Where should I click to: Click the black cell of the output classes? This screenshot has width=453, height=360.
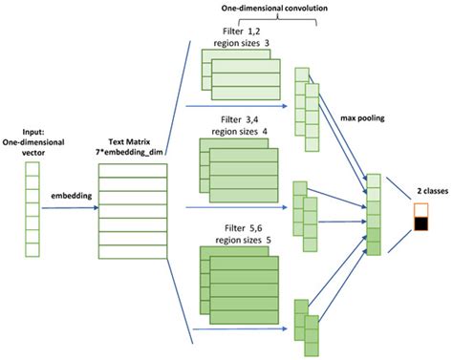tap(420, 225)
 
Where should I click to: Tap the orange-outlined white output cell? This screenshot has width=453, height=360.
tap(420, 209)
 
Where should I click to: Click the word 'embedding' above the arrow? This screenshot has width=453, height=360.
tap(64, 195)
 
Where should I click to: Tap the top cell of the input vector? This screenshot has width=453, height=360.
tap(31, 170)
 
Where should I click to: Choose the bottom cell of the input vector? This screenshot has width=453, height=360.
tap(31, 251)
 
